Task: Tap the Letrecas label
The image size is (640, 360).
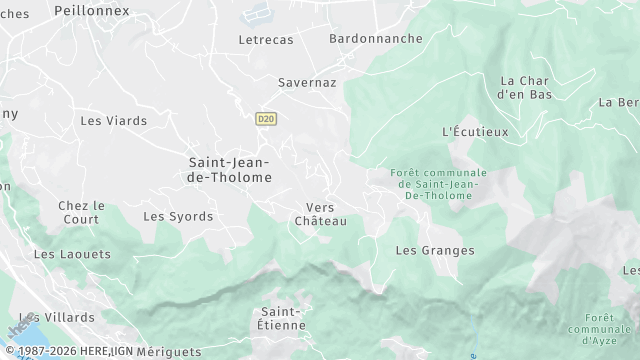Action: coord(267,40)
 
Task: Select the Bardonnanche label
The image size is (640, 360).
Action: coord(375,39)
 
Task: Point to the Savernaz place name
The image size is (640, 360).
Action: coord(307,83)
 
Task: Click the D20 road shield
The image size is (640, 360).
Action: coord(265,118)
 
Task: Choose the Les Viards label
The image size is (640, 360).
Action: coord(113,121)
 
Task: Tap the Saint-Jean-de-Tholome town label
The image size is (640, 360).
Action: coord(230,168)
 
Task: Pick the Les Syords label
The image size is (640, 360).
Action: coord(178,216)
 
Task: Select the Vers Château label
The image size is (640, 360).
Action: coord(320,214)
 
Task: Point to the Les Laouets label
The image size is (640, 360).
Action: coord(72,254)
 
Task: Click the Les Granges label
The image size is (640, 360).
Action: coord(435,250)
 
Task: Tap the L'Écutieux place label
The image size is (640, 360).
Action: coord(475,132)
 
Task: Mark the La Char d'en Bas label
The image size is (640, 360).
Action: coord(525,87)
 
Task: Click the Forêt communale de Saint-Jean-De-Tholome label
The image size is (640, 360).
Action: coord(436,184)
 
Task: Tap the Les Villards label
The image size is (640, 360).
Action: coord(65,317)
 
